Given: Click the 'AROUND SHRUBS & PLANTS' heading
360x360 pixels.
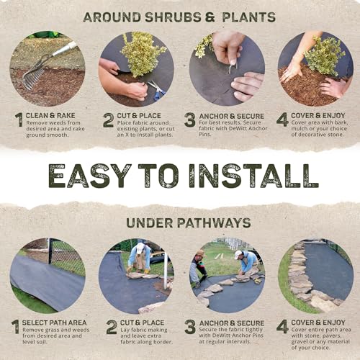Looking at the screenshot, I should click(179, 17).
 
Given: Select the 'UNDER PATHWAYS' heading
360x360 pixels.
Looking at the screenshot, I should click(179, 222).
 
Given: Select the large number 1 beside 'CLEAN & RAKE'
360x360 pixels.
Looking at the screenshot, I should click(17, 120).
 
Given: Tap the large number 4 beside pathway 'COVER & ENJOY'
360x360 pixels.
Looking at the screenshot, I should click(283, 327).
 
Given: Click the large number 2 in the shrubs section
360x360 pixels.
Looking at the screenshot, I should click(108, 120).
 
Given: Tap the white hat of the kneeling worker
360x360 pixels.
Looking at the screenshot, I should click(238, 254).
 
